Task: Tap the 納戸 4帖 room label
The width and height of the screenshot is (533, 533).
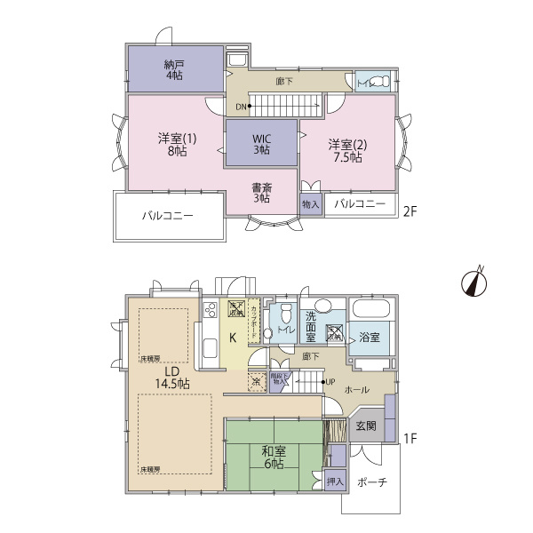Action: (x=174, y=70)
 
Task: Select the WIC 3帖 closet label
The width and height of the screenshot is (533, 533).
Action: (x=260, y=144)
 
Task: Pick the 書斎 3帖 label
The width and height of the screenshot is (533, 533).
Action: (x=260, y=192)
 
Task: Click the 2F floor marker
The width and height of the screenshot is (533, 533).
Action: (x=410, y=211)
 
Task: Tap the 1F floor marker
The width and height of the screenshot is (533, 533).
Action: (x=410, y=438)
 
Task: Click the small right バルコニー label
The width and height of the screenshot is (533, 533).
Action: (x=360, y=204)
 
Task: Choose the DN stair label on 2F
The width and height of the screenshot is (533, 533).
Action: (x=241, y=107)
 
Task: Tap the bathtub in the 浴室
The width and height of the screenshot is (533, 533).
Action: (x=370, y=312)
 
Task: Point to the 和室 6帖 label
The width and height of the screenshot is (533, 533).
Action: (x=273, y=457)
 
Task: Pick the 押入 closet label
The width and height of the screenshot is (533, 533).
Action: (x=334, y=482)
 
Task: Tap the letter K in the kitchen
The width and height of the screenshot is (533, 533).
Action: (x=232, y=338)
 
